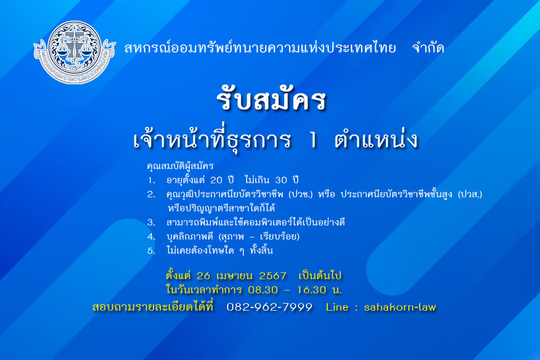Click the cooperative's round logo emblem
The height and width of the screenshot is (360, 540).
pyautogui.click(x=74, y=52)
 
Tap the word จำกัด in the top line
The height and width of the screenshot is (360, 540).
pyautogui.click(x=428, y=48)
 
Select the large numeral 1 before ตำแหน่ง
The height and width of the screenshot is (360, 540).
pyautogui.click(x=313, y=140)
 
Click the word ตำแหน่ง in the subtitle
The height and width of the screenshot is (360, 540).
pyautogui.click(x=376, y=139)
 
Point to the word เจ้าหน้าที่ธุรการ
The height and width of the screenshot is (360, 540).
pyautogui.click(x=212, y=139)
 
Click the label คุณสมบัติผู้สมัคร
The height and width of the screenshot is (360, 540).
pyautogui.click(x=180, y=166)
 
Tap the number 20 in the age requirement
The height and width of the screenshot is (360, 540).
pyautogui.click(x=217, y=180)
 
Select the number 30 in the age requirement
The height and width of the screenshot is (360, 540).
pyautogui.click(x=281, y=180)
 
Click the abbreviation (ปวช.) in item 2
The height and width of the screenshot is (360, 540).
pyautogui.click(x=301, y=195)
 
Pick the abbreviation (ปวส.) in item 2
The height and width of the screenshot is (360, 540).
pyautogui.click(x=470, y=195)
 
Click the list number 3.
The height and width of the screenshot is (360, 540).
pyautogui.click(x=151, y=222)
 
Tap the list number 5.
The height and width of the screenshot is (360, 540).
pyautogui.click(x=151, y=251)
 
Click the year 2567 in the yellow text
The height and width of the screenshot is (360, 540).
pyautogui.click(x=273, y=276)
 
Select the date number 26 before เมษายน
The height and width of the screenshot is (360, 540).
pyautogui.click(x=203, y=276)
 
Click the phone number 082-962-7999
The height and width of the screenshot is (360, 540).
pyautogui.click(x=269, y=307)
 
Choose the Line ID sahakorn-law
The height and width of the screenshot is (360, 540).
pyautogui.click(x=400, y=307)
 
